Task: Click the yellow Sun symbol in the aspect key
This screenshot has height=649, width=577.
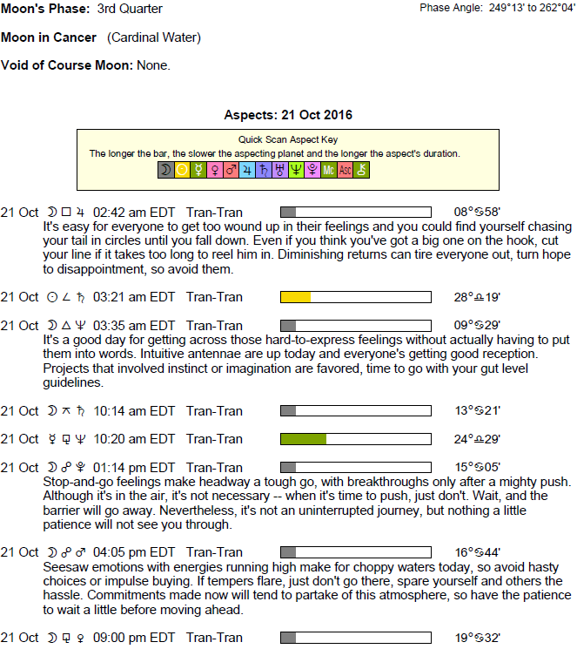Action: [182, 171]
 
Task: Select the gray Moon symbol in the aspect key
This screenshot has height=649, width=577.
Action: [165, 171]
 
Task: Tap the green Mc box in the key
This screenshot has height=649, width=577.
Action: [329, 171]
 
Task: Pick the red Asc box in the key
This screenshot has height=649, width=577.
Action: [346, 171]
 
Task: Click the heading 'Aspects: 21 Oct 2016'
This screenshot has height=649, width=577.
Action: [288, 115]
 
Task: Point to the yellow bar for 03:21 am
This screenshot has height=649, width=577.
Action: [295, 297]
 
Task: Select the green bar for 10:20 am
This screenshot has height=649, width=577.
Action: [303, 439]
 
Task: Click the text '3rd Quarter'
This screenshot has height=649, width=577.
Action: [130, 10]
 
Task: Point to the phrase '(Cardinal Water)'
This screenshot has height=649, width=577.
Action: [154, 38]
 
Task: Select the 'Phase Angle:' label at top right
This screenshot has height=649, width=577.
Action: [451, 8]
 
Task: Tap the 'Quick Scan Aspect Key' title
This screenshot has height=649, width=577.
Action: [288, 139]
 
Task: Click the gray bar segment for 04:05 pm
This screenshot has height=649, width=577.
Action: [288, 553]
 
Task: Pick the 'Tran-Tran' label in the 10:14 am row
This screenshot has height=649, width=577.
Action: [214, 411]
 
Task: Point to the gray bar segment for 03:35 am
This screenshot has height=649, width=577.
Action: [288, 326]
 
